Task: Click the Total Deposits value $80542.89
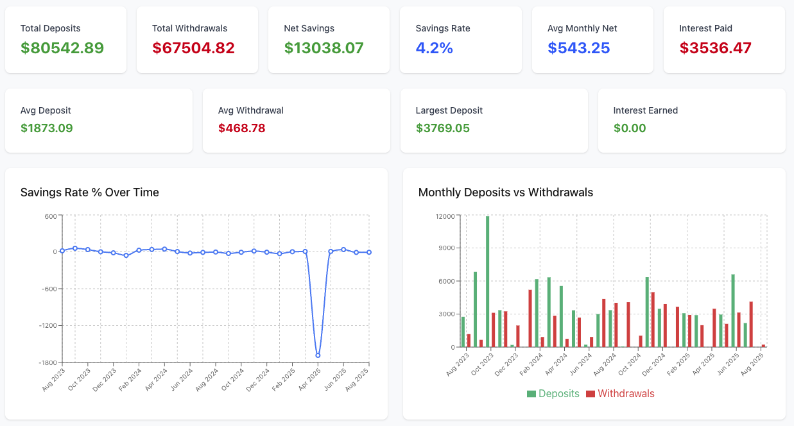[x=62, y=48]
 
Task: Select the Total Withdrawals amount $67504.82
[x=193, y=48]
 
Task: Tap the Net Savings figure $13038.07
[x=324, y=48]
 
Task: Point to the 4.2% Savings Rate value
[x=434, y=48]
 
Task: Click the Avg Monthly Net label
[x=582, y=28]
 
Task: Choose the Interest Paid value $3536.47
[x=715, y=48]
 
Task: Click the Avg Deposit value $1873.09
[x=47, y=128]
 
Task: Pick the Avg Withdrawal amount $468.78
[x=241, y=128]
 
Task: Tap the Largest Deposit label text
[x=449, y=110]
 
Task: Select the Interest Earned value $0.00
[x=630, y=128]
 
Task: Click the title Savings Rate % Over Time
[x=90, y=192]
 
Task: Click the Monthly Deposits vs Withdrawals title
[x=505, y=192]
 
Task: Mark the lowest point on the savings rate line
[x=318, y=355]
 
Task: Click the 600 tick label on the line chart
[x=51, y=216]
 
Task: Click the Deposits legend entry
[x=553, y=393]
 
